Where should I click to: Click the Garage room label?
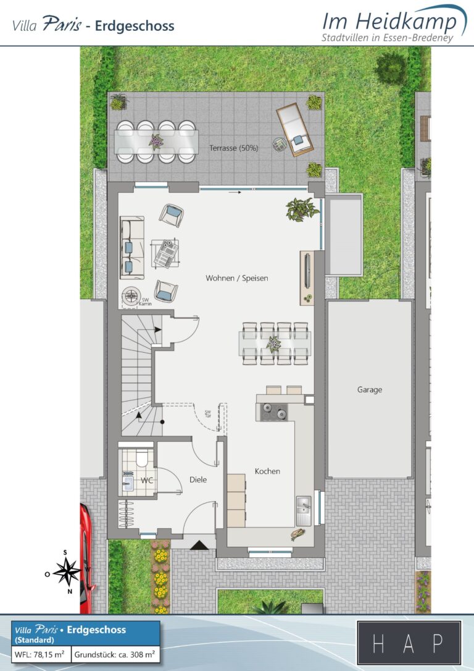[x=370, y=390]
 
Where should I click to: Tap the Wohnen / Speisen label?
[x=237, y=278]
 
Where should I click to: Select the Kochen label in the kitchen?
[x=268, y=471]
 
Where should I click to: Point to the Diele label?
[x=198, y=479]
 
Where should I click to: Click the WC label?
[x=147, y=480]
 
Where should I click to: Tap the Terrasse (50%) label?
[x=234, y=148]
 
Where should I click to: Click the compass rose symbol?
[x=66, y=572]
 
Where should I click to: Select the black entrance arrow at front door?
[x=199, y=545]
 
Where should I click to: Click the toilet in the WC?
[x=141, y=458]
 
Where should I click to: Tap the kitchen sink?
[x=304, y=510]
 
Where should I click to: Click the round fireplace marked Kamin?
[x=130, y=295]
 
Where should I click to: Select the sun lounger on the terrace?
[x=295, y=129]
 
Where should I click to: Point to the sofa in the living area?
[x=132, y=248]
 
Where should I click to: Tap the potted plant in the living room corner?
[x=302, y=209]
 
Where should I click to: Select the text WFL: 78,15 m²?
[x=39, y=654]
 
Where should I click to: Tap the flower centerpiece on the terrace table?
[x=156, y=141]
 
